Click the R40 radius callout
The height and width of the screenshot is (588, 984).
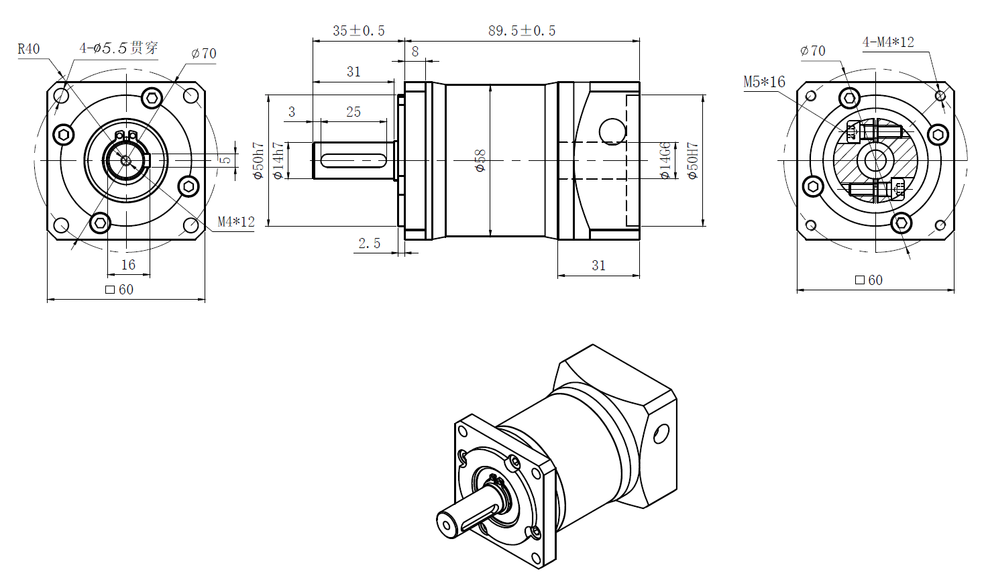[x=29, y=49]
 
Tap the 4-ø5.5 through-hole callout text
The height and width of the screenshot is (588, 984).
[x=119, y=48]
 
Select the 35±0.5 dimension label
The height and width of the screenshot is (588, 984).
[x=358, y=31]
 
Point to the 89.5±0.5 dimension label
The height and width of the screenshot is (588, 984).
[x=522, y=31]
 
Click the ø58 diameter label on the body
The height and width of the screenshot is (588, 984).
[x=480, y=161]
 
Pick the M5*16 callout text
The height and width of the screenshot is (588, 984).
[x=764, y=82]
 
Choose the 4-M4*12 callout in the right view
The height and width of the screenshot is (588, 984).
[x=888, y=42]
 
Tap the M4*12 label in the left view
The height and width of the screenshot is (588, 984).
[x=236, y=222]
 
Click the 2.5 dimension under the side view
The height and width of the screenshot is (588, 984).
[x=369, y=243]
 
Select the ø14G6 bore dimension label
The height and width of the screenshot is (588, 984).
[x=665, y=161]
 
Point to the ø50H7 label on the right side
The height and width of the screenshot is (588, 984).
[x=693, y=161]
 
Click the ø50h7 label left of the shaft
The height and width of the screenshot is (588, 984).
[x=258, y=161]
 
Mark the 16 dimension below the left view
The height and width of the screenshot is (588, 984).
[x=128, y=265]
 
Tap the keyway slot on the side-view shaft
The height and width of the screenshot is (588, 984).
[x=353, y=160]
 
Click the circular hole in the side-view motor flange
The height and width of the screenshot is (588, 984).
[x=612, y=131]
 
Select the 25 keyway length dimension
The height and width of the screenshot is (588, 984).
[x=353, y=112]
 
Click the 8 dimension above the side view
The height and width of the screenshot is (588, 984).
[x=415, y=52]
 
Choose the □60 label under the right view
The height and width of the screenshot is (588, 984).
[x=869, y=280]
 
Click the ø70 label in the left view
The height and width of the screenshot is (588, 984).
[x=204, y=54]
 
